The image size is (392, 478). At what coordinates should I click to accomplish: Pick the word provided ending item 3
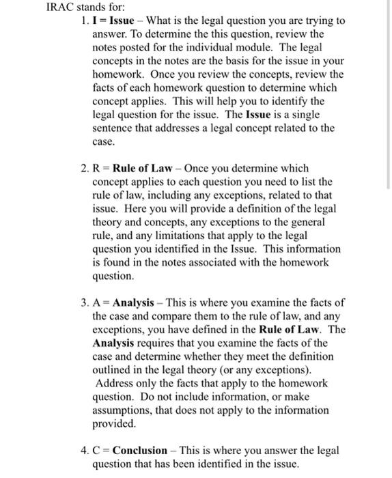coord(113,423)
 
